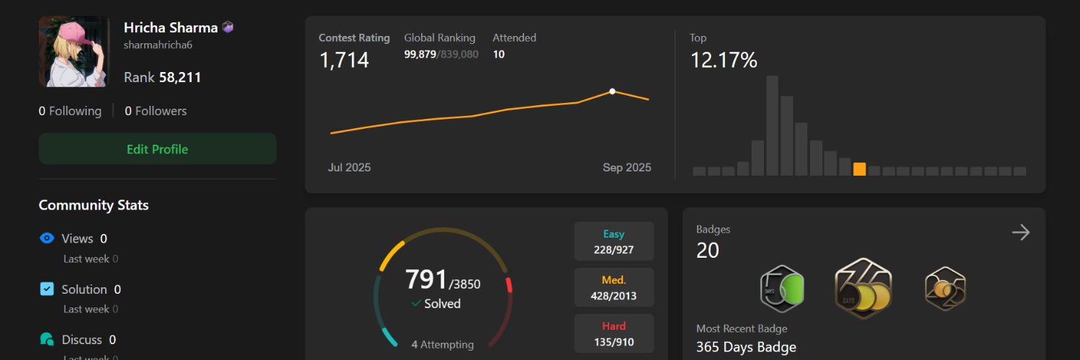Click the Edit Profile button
[157, 149]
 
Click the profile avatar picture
[74, 52]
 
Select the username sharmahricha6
[158, 45]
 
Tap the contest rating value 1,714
[344, 60]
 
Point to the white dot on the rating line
[612, 91]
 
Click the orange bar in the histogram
[859, 169]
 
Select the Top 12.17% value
[724, 60]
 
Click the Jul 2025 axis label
[349, 168]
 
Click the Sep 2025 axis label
[626, 168]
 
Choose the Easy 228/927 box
[614, 241]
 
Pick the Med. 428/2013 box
[614, 287]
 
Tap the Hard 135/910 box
[614, 333]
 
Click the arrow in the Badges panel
[1020, 232]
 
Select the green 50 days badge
[782, 289]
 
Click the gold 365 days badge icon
[863, 289]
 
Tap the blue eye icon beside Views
[47, 238]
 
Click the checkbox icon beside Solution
[47, 289]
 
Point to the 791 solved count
[426, 279]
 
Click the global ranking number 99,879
[420, 55]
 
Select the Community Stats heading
[94, 205]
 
